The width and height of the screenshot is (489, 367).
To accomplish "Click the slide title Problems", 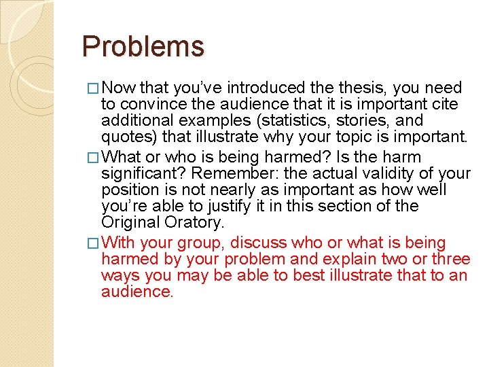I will tap(143, 46).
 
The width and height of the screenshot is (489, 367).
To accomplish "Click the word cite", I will tap(446, 105).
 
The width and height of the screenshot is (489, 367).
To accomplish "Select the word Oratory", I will tap(199, 223).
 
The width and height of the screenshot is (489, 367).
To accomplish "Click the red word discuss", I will tap(259, 243).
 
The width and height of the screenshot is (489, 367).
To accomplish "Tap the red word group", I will tap(203, 243).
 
